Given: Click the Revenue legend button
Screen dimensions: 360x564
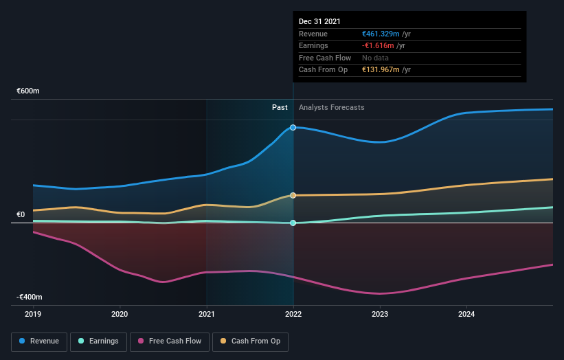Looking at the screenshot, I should [x=39, y=341].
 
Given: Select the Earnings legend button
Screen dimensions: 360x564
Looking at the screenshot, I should [x=98, y=341].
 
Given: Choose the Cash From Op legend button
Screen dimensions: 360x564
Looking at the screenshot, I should [x=250, y=341].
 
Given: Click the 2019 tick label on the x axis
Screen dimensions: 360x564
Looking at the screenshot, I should [x=33, y=314].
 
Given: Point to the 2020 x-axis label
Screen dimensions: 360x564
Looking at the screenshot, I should [x=120, y=314].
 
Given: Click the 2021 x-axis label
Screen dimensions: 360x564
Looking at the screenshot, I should [x=206, y=314].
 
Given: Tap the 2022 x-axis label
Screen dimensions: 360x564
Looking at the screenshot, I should [x=293, y=314].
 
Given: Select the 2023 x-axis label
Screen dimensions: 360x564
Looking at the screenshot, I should [x=380, y=314].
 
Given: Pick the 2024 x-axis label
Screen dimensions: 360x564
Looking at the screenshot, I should [x=466, y=314].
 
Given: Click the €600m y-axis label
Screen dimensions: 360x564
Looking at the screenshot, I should [x=28, y=91].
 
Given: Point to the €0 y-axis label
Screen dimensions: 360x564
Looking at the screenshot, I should [x=21, y=214].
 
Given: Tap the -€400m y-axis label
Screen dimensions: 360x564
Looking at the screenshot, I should [x=30, y=297].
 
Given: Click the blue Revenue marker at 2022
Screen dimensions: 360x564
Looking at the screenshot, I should [x=293, y=127].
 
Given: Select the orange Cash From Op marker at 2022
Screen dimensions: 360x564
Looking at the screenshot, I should [x=293, y=195].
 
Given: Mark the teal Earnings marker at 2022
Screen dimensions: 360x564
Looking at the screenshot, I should [x=293, y=223].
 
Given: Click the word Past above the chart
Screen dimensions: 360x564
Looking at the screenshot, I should [x=280, y=107].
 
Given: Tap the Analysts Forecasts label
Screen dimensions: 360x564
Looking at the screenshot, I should [x=331, y=107].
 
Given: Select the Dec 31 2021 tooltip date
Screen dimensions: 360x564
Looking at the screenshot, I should [x=319, y=22].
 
